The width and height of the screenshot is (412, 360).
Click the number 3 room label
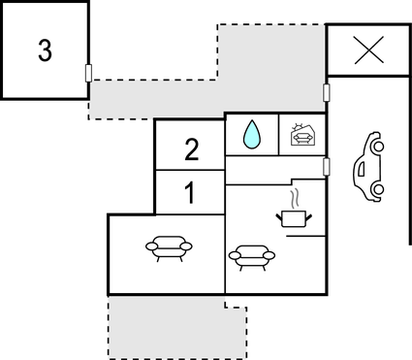[45, 51]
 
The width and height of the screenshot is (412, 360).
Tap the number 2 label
[191, 149]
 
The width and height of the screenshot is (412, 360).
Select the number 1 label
[190, 192]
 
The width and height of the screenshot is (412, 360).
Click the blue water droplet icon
[252, 135]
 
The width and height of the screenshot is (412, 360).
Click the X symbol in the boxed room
[368, 50]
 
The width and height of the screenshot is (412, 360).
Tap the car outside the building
[367, 166]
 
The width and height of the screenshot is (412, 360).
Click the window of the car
[360, 168]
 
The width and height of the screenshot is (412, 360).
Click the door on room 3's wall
[89, 73]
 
